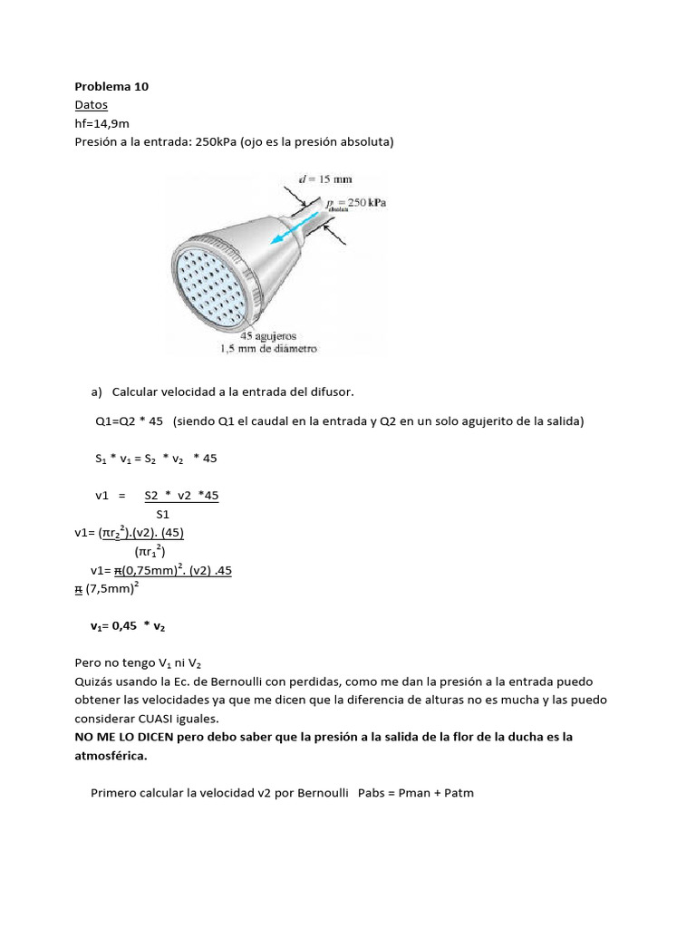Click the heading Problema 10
(111, 87)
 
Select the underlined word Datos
(91, 105)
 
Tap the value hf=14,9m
(101, 123)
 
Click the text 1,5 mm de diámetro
(267, 348)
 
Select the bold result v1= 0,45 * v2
(128, 626)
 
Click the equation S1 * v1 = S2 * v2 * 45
(156, 459)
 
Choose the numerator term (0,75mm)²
(158, 570)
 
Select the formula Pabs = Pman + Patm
(416, 793)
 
